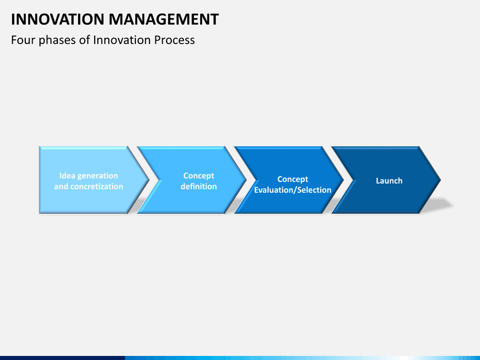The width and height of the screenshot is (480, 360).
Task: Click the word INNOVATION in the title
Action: click(58, 19)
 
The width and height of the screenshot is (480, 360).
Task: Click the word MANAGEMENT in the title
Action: click(164, 19)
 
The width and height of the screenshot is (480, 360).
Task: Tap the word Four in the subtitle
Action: click(23, 40)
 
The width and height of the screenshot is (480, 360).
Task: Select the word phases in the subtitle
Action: click(57, 41)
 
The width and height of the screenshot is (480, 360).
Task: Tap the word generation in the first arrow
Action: click(97, 176)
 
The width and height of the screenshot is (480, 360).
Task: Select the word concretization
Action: click(97, 187)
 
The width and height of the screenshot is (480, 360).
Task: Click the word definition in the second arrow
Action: click(199, 187)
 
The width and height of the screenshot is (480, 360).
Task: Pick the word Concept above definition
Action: click(199, 176)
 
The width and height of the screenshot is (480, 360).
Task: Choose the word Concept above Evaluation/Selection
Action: click(293, 179)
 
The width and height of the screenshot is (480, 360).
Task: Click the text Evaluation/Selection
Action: click(293, 190)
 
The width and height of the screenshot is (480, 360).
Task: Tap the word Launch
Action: click(389, 181)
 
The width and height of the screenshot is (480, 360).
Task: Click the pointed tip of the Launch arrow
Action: click(441, 180)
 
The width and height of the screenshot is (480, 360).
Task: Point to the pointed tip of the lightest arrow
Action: click(149, 180)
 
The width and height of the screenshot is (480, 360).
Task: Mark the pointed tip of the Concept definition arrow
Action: click(246, 180)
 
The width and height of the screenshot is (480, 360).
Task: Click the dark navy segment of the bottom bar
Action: click(63, 358)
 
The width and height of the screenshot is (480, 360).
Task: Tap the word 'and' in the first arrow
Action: click(61, 187)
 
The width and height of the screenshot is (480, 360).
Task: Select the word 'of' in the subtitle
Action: click(85, 40)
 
